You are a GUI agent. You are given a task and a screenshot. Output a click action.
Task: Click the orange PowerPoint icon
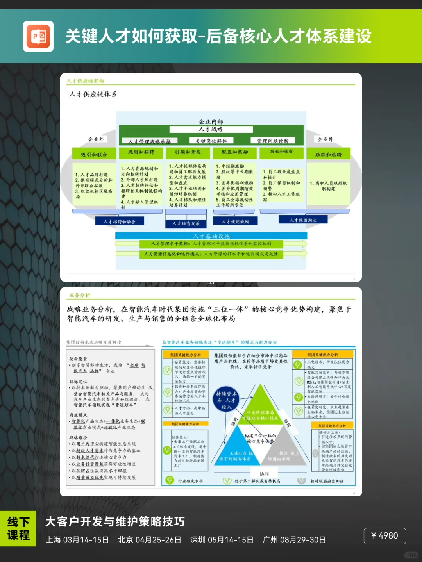38,36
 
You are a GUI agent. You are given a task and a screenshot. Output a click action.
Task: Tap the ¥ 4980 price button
384,535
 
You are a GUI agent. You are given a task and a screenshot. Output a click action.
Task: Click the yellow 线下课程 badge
18,528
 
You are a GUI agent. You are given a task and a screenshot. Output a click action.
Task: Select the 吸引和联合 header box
94,154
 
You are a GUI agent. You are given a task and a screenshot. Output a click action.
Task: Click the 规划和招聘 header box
141,152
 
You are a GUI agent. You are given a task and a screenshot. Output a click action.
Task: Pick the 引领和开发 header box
188,152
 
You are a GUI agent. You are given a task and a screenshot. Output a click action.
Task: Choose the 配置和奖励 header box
234,152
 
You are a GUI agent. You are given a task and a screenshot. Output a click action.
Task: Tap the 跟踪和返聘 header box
328,154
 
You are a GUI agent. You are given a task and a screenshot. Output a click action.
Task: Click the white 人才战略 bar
211,129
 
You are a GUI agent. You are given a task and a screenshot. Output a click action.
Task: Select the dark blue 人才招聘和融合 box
120,221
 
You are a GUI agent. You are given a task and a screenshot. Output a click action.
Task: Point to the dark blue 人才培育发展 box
186,223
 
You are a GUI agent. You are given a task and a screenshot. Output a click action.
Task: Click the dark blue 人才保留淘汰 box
303,220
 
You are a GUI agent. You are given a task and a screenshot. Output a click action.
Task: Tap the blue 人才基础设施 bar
211,236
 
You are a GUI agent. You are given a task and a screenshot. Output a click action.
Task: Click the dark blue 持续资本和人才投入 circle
226,400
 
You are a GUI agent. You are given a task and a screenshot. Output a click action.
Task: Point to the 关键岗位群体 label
211,141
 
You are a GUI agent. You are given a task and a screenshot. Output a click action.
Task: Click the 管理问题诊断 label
272,141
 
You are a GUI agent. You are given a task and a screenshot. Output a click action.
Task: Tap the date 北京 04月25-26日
150,540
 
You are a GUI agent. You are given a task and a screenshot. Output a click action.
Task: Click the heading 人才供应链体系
93,94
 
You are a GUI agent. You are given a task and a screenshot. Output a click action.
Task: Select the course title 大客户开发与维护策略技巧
115,522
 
